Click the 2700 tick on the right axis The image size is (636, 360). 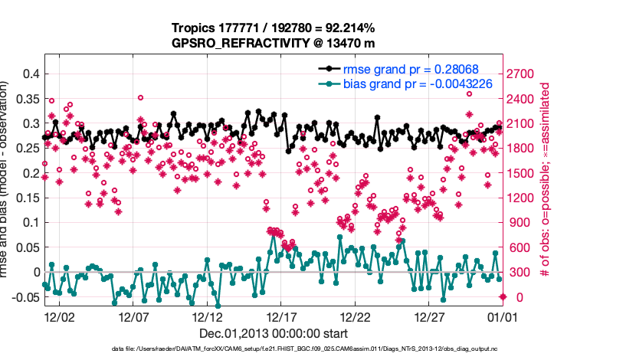coord(524,74)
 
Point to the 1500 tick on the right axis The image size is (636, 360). coord(524,173)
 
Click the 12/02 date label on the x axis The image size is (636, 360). coord(60,316)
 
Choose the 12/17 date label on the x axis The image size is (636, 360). coord(281,316)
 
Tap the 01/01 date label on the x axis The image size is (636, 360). coord(503,316)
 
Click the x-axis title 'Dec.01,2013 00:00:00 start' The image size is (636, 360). coord(274,333)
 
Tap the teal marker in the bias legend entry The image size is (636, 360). coord(331,83)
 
